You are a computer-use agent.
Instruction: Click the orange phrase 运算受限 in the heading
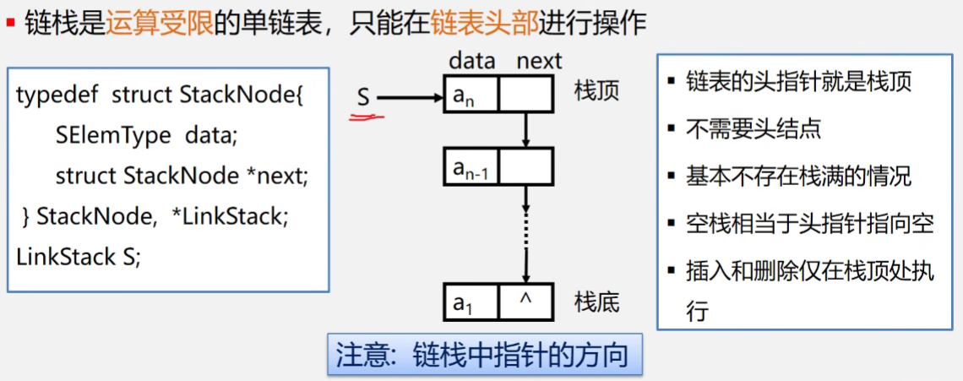click(x=160, y=23)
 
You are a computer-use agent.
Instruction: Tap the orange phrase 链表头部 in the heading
click(x=484, y=23)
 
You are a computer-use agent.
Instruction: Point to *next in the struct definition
click(x=279, y=176)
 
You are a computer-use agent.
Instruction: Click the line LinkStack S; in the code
click(x=79, y=257)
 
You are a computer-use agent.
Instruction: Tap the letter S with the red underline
click(x=363, y=98)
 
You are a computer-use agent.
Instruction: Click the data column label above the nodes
click(x=471, y=61)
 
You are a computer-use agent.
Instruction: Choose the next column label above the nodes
click(x=539, y=61)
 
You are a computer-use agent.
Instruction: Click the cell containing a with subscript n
click(x=471, y=94)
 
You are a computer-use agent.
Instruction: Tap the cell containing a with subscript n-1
click(x=471, y=167)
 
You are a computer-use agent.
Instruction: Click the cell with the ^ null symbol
click(x=525, y=302)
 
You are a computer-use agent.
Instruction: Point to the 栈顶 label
click(x=597, y=90)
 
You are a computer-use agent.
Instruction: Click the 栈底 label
click(x=597, y=301)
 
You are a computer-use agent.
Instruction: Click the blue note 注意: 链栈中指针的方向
click(x=482, y=355)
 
